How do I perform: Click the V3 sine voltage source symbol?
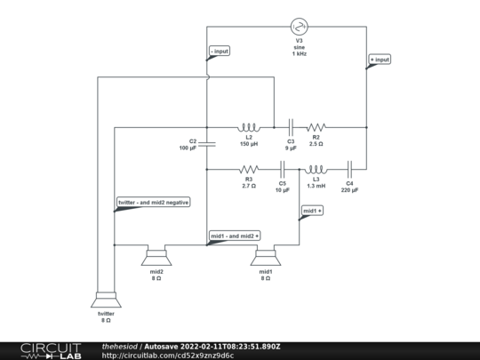pyautogui.click(x=299, y=27)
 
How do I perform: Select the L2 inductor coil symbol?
pyautogui.click(x=249, y=127)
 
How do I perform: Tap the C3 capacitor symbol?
pyautogui.click(x=291, y=127)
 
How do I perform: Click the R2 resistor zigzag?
pyautogui.click(x=316, y=127)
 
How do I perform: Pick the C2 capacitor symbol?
pyautogui.click(x=207, y=144)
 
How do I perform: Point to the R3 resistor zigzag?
pyautogui.click(x=249, y=169)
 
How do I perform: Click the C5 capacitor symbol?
pyautogui.click(x=283, y=169)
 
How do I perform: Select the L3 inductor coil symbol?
pyautogui.click(x=316, y=169)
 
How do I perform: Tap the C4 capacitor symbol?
pyautogui.click(x=349, y=169)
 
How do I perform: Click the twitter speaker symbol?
pyautogui.click(x=106, y=300)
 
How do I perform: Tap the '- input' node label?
pyautogui.click(x=220, y=52)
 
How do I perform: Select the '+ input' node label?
pyautogui.click(x=380, y=60)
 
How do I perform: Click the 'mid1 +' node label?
pyautogui.click(x=312, y=211)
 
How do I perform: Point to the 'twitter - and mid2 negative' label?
pyautogui.click(x=154, y=203)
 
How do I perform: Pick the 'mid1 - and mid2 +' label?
pyautogui.click(x=235, y=236)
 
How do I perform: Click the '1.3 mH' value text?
pyautogui.click(x=316, y=186)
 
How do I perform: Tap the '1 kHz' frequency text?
pyautogui.click(x=299, y=53)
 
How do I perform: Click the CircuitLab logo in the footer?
pyautogui.click(x=51, y=351)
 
